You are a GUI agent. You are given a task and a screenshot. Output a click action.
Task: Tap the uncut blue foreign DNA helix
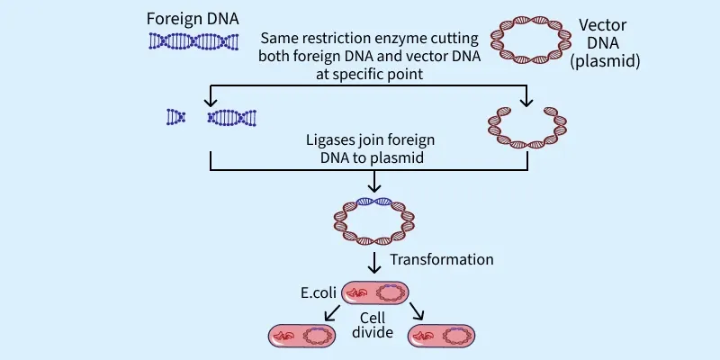coord(194,40)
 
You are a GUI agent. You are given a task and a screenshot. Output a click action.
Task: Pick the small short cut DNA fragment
coord(175,117)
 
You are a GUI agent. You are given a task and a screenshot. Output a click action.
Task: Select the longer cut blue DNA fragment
coord(232,117)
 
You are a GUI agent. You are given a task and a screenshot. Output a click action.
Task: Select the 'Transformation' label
coord(441,259)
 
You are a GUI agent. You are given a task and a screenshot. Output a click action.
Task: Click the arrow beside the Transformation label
coord(375,264)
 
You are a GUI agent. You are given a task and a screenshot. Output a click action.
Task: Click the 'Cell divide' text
coord(373,326)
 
